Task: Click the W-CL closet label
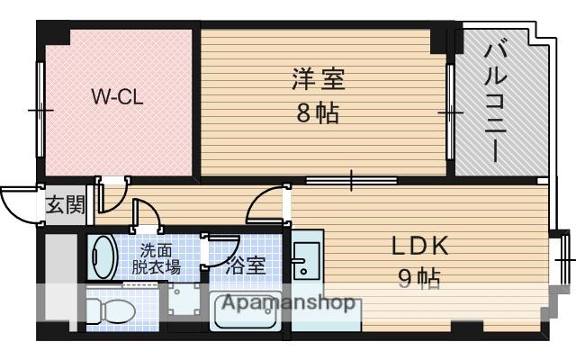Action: click(x=116, y=98)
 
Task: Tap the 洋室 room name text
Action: click(x=318, y=79)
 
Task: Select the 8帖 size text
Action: click(x=318, y=114)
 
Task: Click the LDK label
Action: click(x=419, y=247)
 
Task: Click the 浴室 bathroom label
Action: click(x=246, y=266)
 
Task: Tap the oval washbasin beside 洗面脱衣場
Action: click(x=104, y=257)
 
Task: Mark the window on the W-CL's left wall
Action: click(x=40, y=109)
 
